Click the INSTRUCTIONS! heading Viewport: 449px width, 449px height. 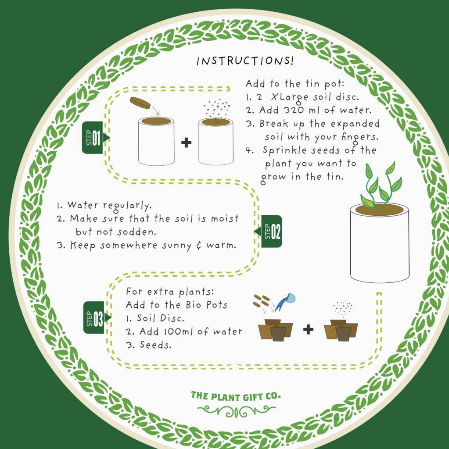click(245, 61)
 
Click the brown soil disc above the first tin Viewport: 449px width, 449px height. click(140, 103)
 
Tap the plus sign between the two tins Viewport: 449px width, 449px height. click(187, 143)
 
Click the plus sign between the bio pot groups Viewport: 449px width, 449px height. click(308, 330)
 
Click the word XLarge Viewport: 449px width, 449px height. click(290, 97)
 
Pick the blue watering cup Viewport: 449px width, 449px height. click(286, 302)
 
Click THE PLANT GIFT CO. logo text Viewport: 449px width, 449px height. click(236, 396)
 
